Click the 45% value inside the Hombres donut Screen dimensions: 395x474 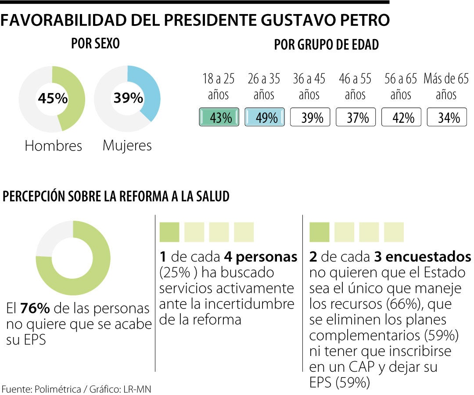pos(53,99)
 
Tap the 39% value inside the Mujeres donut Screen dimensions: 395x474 pos(128,98)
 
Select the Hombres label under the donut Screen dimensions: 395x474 pos(53,146)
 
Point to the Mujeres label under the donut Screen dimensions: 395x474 pos(127,145)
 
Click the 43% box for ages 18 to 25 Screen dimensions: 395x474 pos(219,118)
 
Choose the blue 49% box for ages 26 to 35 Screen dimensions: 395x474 pos(265,118)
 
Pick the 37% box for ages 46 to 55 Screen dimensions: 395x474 pos(356,118)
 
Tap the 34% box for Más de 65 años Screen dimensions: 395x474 pos(447,118)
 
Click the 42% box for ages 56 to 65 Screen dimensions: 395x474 pos(402,118)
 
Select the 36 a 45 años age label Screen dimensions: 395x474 pos(309,86)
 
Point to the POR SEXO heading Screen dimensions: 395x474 pos(95,44)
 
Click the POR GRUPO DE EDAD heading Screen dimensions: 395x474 pos(327,45)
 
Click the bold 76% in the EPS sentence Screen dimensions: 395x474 pos(34,309)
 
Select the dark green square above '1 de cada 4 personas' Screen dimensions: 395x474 pos(169,232)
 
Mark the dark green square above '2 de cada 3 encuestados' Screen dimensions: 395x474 pos(320,232)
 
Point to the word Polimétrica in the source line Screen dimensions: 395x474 pos(58,389)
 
